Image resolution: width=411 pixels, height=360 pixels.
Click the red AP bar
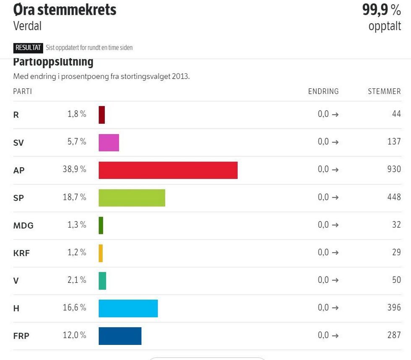(168, 170)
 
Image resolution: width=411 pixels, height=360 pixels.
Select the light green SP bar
(132, 198)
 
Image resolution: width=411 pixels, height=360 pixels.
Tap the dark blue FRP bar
(120, 336)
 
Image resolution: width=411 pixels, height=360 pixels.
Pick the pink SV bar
(109, 142)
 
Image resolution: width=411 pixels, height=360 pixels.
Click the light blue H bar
(128, 308)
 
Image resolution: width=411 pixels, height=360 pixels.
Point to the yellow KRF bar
(101, 253)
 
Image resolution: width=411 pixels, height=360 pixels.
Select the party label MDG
(23, 225)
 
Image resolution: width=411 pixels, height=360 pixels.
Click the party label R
(16, 115)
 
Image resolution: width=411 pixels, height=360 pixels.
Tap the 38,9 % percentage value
(74, 169)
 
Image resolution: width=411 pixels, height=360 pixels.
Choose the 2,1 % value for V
(77, 280)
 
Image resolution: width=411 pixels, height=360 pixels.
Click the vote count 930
(394, 169)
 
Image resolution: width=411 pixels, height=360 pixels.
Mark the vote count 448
(394, 197)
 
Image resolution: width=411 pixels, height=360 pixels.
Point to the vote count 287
(394, 335)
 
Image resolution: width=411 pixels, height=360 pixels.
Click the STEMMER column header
(384, 91)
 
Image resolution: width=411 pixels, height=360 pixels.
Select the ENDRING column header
(323, 91)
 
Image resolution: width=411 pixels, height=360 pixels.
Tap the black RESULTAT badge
(28, 48)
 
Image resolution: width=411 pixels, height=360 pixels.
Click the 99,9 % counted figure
(381, 10)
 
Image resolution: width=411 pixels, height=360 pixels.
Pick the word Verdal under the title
(27, 26)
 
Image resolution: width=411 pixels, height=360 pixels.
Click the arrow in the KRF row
(335, 253)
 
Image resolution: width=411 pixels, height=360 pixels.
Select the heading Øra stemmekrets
(65, 10)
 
